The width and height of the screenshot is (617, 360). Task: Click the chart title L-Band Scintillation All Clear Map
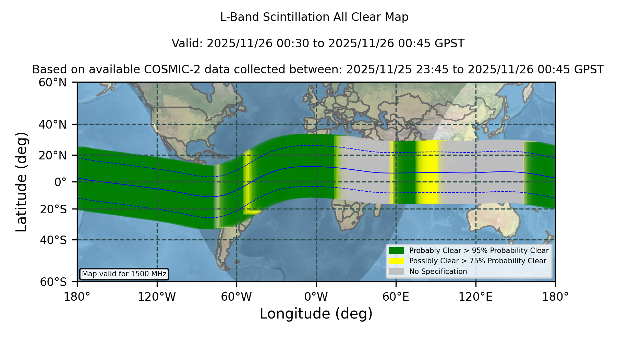[x=314, y=17]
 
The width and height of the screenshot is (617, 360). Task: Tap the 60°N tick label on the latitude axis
[x=52, y=82]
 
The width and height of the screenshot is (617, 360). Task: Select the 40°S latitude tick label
[x=53, y=240]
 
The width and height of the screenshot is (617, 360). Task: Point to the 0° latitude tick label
[x=60, y=182]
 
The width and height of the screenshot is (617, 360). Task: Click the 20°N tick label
[x=52, y=155]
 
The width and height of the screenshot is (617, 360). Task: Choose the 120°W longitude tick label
[x=157, y=297]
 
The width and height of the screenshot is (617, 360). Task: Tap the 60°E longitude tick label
[x=396, y=297]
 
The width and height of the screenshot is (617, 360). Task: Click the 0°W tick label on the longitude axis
[x=316, y=297]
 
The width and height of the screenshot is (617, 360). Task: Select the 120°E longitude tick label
[x=475, y=297]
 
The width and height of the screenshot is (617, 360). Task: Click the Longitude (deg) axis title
[x=316, y=314]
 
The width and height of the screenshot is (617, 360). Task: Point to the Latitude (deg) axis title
[x=21, y=182]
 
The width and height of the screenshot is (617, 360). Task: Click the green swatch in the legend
[x=396, y=250]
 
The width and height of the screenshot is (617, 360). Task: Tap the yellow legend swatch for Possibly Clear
[x=396, y=261]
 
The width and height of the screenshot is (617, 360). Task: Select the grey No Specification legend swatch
[x=396, y=272]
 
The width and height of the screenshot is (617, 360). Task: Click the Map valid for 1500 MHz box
[x=124, y=274]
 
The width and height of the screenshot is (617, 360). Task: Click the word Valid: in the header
[x=187, y=44]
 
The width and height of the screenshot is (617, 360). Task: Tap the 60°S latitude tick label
[x=53, y=282]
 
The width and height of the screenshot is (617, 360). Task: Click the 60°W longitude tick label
[x=236, y=297]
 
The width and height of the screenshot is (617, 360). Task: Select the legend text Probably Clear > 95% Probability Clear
[x=479, y=251]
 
